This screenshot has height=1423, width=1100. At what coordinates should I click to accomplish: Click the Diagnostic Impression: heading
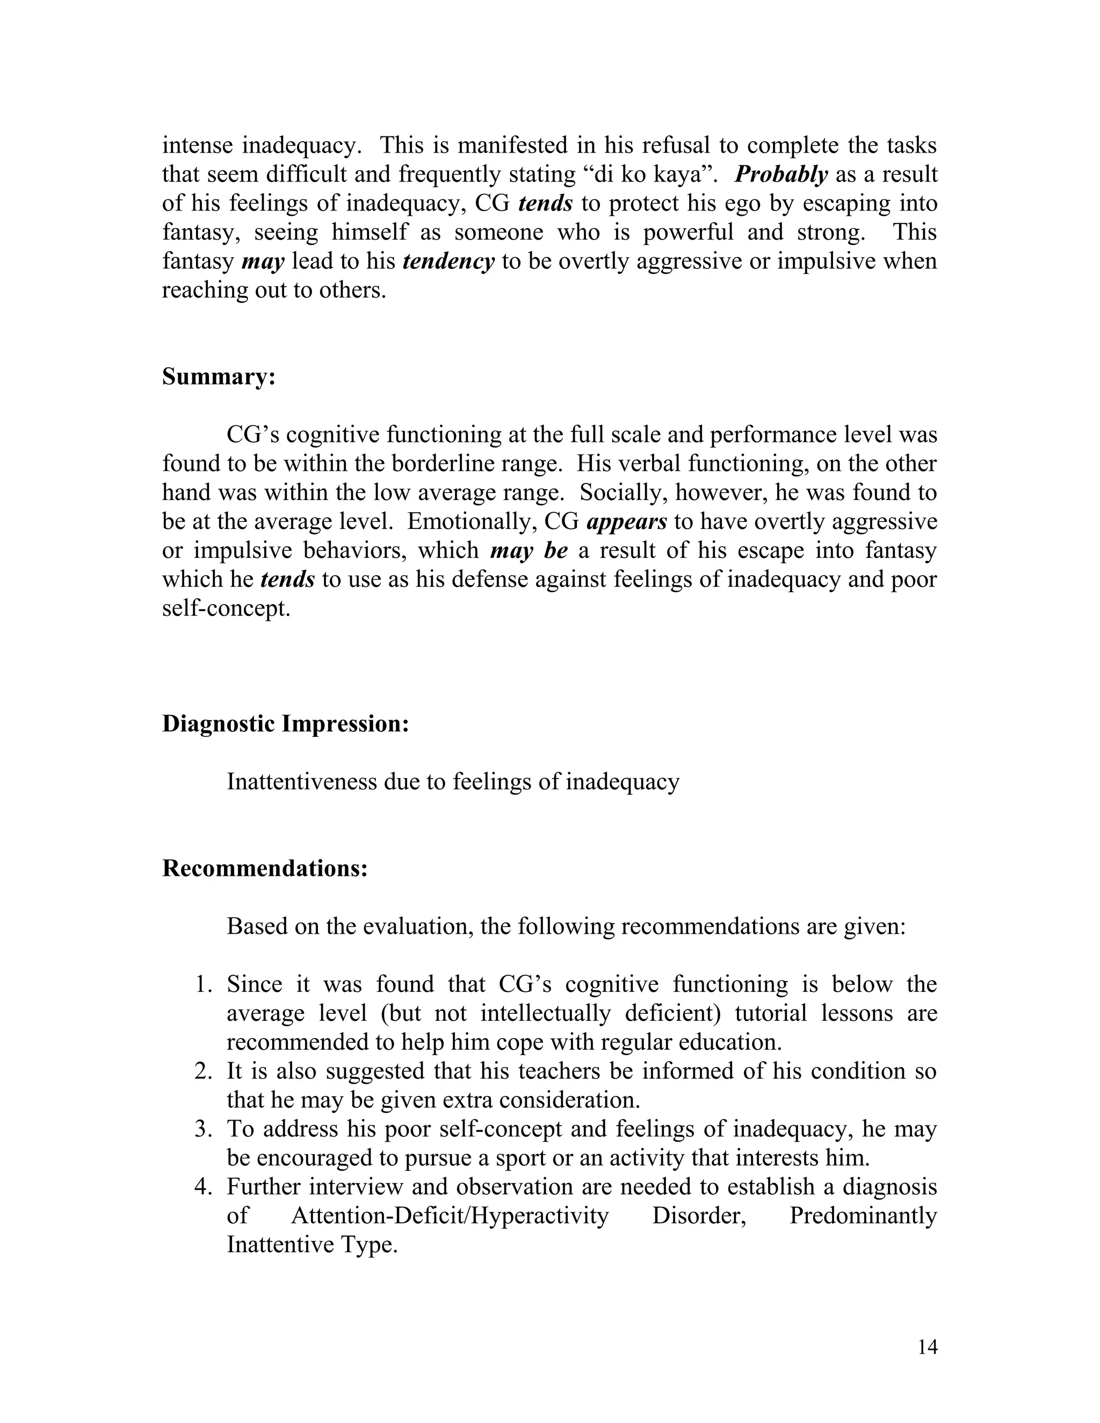tap(285, 723)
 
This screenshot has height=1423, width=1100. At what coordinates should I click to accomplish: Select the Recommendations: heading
tap(265, 868)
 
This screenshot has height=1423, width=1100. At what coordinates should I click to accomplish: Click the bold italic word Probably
tap(780, 174)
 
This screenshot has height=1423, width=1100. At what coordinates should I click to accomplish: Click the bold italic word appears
tap(627, 521)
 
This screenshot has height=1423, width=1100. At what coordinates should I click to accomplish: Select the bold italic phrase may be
tap(529, 550)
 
